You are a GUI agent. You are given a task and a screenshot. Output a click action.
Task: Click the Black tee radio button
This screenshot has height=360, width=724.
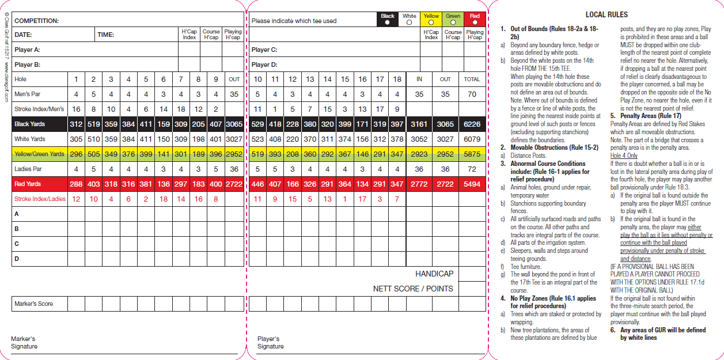(x=388, y=22)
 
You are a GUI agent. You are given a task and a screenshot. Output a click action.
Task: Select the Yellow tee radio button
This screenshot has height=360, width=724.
(x=431, y=22)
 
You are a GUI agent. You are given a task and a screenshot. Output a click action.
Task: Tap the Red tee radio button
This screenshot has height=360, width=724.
(x=475, y=22)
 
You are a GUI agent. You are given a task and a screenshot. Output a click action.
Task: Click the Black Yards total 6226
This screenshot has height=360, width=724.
(x=472, y=124)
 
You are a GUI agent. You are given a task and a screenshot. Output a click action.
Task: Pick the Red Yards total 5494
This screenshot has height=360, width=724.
(x=472, y=184)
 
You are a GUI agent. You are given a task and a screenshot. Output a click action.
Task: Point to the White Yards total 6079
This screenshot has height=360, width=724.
(x=472, y=139)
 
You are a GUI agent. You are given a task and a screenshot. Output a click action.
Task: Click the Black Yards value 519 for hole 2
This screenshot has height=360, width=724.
(x=93, y=124)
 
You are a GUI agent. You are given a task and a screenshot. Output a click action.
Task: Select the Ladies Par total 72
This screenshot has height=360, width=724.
(x=472, y=169)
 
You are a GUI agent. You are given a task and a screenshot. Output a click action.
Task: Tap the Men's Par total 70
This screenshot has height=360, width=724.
(x=472, y=94)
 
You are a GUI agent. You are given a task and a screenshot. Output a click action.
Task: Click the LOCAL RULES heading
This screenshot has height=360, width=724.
(x=607, y=14)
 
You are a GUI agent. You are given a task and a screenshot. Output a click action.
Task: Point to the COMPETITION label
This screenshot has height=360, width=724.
(x=37, y=21)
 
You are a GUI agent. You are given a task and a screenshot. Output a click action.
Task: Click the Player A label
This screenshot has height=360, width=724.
(x=27, y=50)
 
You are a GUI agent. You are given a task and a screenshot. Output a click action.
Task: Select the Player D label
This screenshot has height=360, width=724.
(x=264, y=65)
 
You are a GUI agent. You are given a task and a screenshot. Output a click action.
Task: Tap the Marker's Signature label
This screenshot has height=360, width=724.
(x=24, y=342)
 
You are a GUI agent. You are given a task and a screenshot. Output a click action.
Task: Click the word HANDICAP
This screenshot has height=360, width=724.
(x=434, y=274)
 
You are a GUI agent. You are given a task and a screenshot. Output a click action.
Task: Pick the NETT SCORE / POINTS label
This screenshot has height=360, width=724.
(x=413, y=289)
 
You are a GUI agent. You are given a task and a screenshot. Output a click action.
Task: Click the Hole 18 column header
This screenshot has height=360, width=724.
(x=397, y=79)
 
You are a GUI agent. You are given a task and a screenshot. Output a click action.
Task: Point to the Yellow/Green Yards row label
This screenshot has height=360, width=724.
(x=39, y=154)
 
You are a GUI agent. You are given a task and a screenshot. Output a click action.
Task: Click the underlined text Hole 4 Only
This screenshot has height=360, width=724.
(x=624, y=156)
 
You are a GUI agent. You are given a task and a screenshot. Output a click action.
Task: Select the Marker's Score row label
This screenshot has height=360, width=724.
(x=33, y=304)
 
